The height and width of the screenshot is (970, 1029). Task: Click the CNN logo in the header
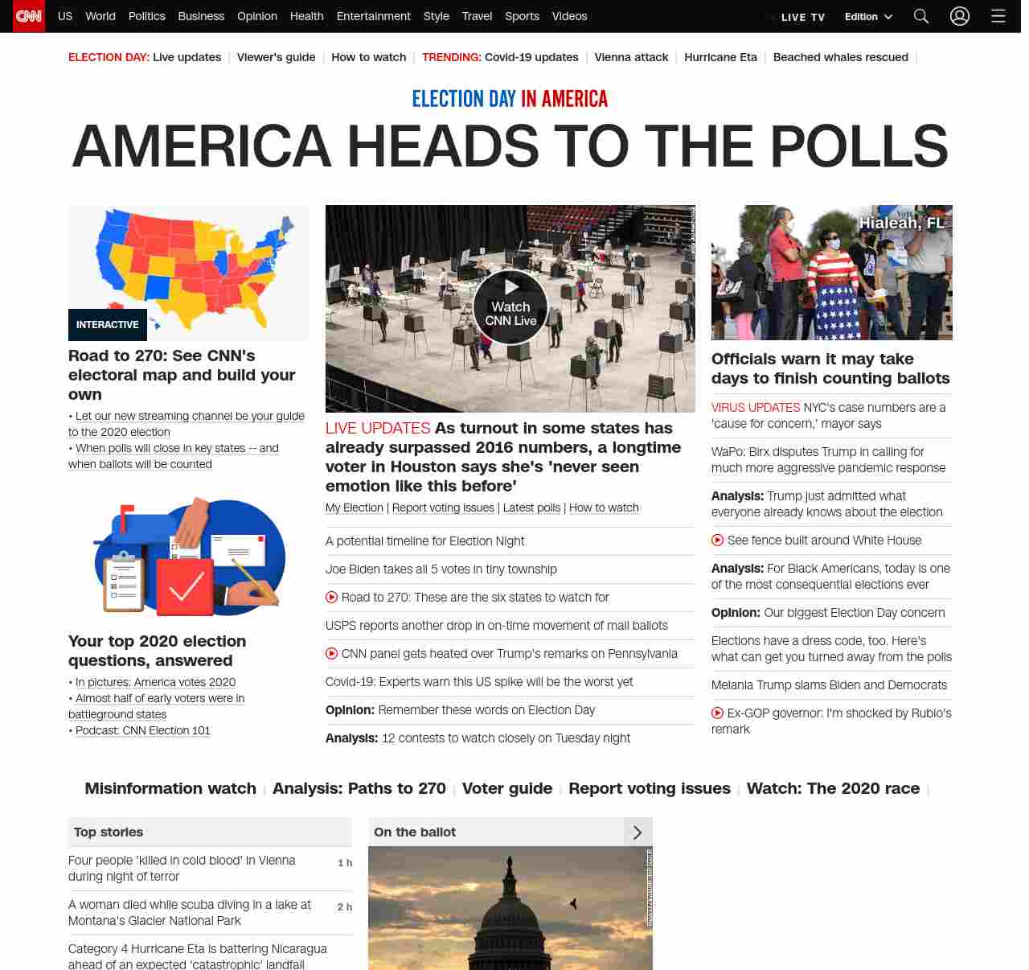coord(29,16)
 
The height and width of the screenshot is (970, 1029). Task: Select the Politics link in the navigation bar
coord(146,16)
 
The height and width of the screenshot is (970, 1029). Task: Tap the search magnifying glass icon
coord(921,16)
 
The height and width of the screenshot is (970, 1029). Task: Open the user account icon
coord(960,16)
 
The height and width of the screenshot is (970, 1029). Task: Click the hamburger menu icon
coord(998,16)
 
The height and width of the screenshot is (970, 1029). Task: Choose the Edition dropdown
coord(868,17)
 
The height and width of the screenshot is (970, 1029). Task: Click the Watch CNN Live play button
coord(510,306)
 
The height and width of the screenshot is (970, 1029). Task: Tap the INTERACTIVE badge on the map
coord(108,325)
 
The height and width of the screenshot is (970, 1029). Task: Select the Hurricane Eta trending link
coord(720,57)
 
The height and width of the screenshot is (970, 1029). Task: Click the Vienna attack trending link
coord(631,57)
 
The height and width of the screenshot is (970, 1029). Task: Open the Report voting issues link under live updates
coord(443,508)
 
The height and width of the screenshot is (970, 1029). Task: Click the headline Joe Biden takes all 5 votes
coord(441,569)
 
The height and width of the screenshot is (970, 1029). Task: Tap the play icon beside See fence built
coord(717,540)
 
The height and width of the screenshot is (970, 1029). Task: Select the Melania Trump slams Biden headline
coord(829,685)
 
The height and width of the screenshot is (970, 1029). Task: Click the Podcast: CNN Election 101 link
coord(143,730)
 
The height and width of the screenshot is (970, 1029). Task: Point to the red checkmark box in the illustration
coord(185,587)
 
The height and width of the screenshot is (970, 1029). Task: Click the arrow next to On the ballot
coord(637,832)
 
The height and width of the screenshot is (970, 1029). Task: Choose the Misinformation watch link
coord(170,788)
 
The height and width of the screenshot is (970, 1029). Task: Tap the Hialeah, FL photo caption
coord(902,223)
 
